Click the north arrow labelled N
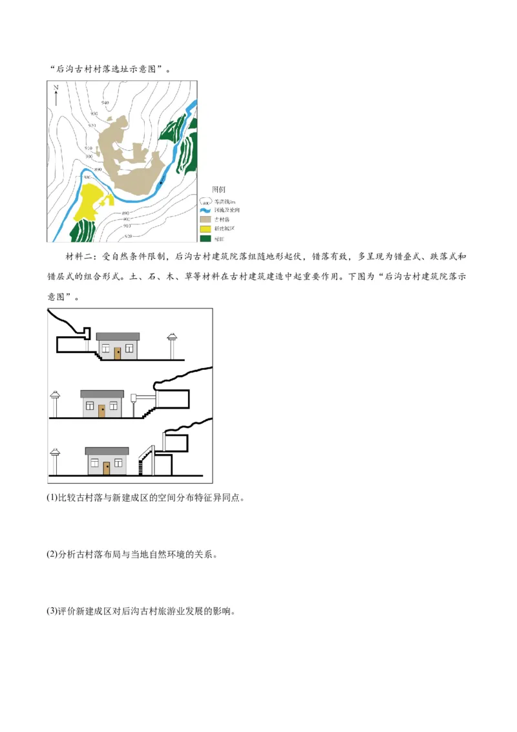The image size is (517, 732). (x=56, y=94)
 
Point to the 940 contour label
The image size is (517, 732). (x=105, y=103)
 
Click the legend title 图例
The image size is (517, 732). (x=218, y=189)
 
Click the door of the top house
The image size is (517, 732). (x=118, y=353)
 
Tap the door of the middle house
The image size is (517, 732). (x=102, y=411)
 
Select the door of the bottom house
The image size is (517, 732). (x=107, y=468)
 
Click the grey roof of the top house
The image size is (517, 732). (x=118, y=336)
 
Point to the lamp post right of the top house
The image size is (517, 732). (x=172, y=346)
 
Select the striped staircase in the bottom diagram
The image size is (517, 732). (x=145, y=462)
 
